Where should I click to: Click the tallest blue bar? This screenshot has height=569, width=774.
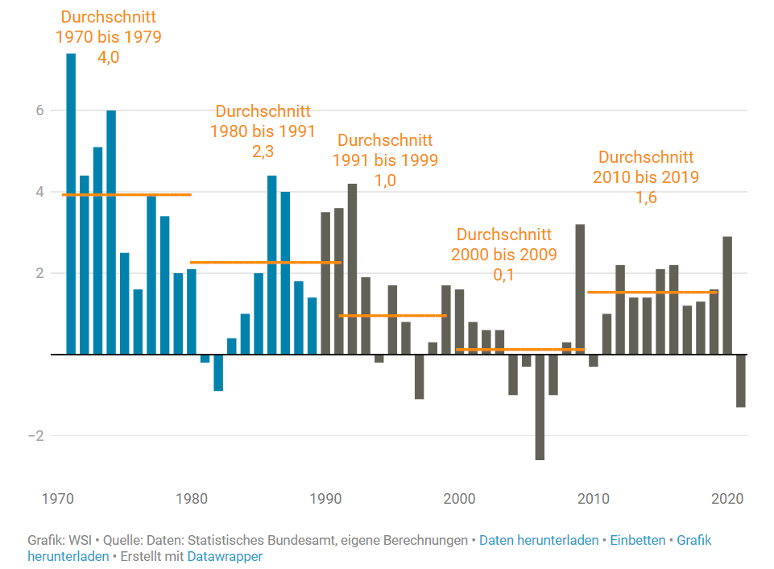coord(71,201)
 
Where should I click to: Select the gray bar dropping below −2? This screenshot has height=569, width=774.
coord(540,407)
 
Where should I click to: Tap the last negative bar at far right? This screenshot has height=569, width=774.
coord(740,380)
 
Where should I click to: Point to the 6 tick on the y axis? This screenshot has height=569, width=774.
coord(38,110)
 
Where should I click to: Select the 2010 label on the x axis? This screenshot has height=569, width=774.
coord(594,497)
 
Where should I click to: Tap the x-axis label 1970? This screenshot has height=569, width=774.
coord(56,497)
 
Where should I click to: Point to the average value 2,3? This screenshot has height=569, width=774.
coord(263,151)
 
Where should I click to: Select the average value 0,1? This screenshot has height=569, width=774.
coord(503,274)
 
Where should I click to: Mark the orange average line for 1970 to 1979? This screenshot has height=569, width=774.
coord(126,194)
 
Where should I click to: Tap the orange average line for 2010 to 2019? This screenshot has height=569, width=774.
coord(652,293)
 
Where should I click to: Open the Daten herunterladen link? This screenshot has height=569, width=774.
coord(538,540)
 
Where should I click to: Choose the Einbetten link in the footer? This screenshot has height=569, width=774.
coord(638,540)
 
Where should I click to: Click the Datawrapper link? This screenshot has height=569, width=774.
coord(225,556)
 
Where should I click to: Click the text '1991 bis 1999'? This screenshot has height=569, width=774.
coord(385,160)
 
